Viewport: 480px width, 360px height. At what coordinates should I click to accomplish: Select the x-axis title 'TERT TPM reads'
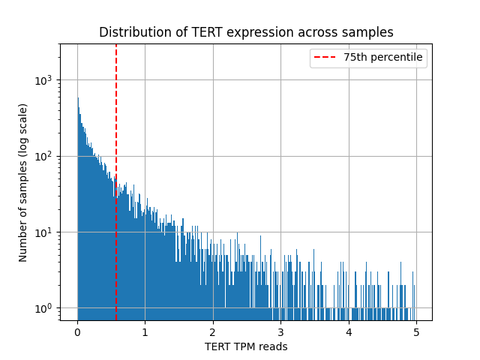[x=246, y=346]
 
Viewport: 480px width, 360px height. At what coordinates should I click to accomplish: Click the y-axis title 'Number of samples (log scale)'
[x=23, y=182]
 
